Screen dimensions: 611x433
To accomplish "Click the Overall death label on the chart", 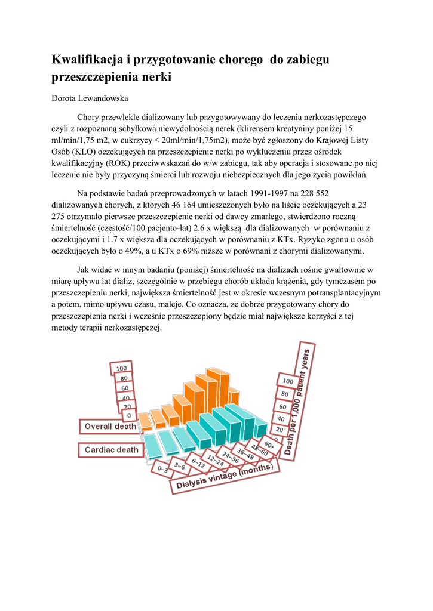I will point(110,426).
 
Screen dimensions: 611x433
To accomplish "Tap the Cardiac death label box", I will point(111,449).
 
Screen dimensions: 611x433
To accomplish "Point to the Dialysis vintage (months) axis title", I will point(222,478).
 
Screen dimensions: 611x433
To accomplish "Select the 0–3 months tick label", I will point(162,468).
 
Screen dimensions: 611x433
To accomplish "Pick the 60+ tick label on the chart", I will point(269,445).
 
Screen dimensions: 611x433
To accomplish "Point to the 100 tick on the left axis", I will point(121,368).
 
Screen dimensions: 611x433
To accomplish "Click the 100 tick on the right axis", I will point(287,381).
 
